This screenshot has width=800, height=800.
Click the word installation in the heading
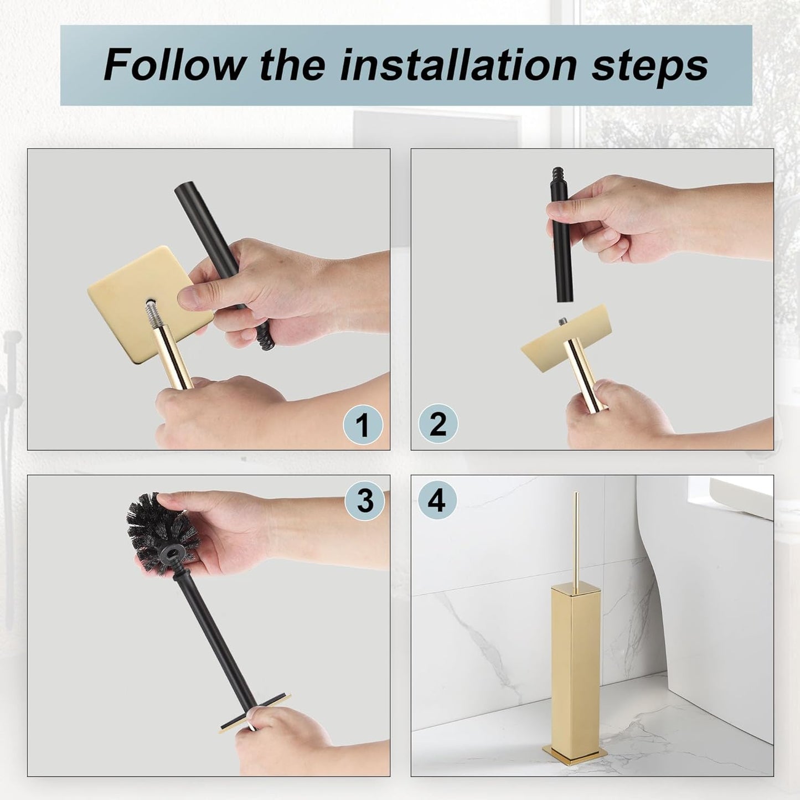pos(458,65)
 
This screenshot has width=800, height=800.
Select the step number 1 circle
pos(362,425)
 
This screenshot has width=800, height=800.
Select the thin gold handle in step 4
pos(576,537)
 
